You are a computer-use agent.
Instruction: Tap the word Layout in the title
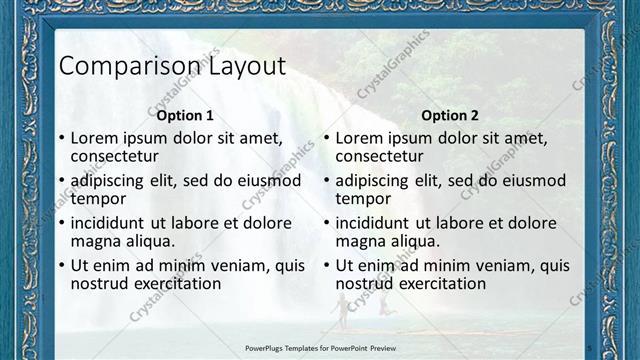pyautogui.click(x=246, y=66)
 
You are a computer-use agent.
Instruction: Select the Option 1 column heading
pyautogui.click(x=185, y=115)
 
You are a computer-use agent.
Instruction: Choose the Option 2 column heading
pyautogui.click(x=449, y=115)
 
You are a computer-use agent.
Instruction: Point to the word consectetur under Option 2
pyautogui.click(x=379, y=156)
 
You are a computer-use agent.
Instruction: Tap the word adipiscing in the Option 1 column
pyautogui.click(x=112, y=181)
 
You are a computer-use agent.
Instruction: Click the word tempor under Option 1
pyautogui.click(x=98, y=198)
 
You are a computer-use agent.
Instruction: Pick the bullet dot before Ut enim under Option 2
pyautogui.click(x=326, y=267)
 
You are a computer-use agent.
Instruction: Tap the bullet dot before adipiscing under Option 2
pyautogui.click(x=326, y=182)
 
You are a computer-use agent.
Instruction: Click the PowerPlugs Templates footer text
pyautogui.click(x=320, y=348)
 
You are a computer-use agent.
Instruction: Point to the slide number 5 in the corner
pyautogui.click(x=590, y=347)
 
